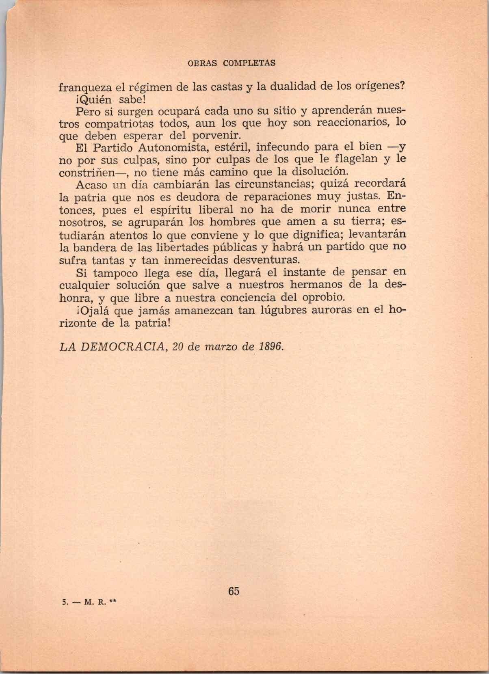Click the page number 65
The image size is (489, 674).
point(234,591)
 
